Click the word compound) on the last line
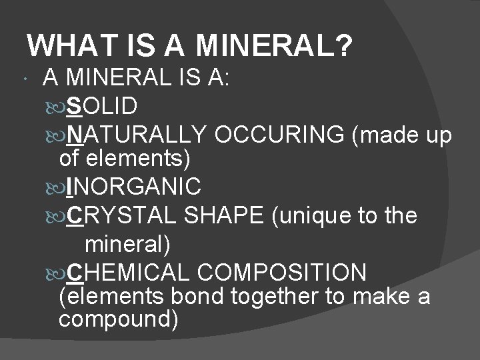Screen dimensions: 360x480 click(119, 318)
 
